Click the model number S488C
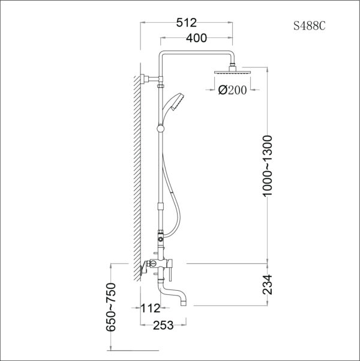click(x=309, y=26)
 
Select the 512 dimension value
click(x=187, y=23)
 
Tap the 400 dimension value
click(x=196, y=38)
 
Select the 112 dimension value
click(x=151, y=309)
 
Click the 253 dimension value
click(x=163, y=325)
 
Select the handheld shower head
click(x=175, y=103)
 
